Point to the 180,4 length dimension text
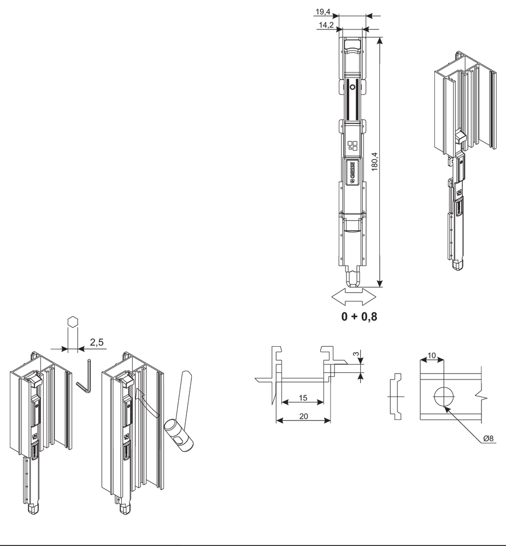click(374, 161)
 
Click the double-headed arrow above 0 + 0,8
click(354, 298)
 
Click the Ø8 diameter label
click(489, 438)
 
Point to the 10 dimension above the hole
click(432, 355)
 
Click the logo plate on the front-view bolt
click(352, 173)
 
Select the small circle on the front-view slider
click(352, 87)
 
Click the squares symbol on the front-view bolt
click(352, 146)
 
